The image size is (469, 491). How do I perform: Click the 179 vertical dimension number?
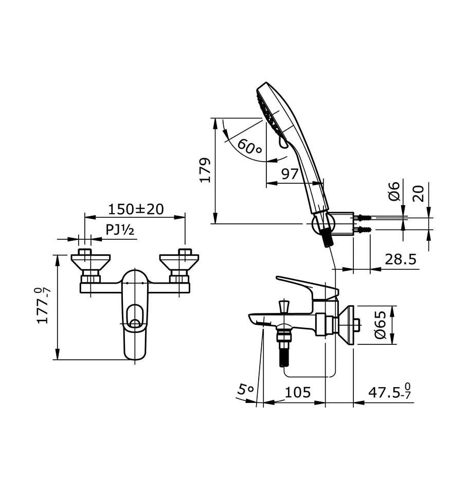point(205,170)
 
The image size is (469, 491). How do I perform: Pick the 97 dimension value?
point(290,173)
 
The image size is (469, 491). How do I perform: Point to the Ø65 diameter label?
point(381,326)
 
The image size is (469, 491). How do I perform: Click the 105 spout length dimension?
point(298,392)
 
